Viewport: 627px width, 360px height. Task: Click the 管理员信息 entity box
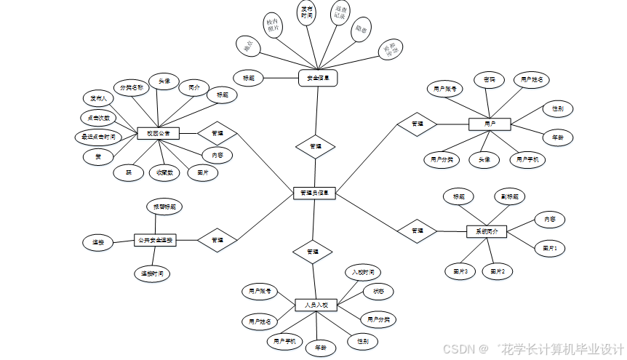314,193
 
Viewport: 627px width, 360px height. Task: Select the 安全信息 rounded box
318,78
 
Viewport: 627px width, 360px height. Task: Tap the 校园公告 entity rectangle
158,133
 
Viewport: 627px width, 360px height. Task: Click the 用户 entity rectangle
490,124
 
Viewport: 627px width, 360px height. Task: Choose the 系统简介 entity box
486,231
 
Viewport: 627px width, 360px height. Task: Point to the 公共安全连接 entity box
154,239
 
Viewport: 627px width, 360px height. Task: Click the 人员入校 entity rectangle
316,305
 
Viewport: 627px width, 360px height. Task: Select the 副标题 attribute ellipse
509,197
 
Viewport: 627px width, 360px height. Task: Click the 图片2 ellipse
498,271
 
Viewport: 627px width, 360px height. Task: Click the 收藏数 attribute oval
164,172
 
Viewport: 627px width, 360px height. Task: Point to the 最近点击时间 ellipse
98,136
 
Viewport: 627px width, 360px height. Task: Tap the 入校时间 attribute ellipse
362,273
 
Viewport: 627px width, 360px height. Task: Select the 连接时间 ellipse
152,273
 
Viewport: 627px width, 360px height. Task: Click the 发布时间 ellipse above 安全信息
307,13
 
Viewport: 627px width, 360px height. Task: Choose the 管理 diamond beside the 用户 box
417,124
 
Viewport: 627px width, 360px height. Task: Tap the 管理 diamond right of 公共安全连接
217,239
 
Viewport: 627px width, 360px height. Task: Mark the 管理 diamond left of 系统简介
417,231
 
